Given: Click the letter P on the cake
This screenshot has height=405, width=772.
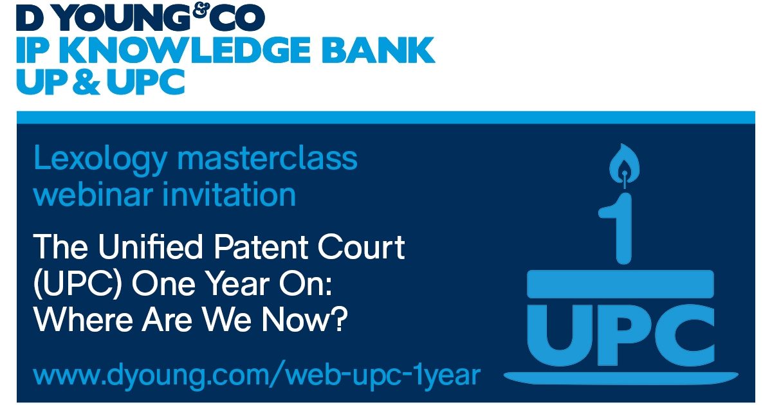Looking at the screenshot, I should point(621,334).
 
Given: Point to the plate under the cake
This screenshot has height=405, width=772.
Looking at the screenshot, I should point(621,375).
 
